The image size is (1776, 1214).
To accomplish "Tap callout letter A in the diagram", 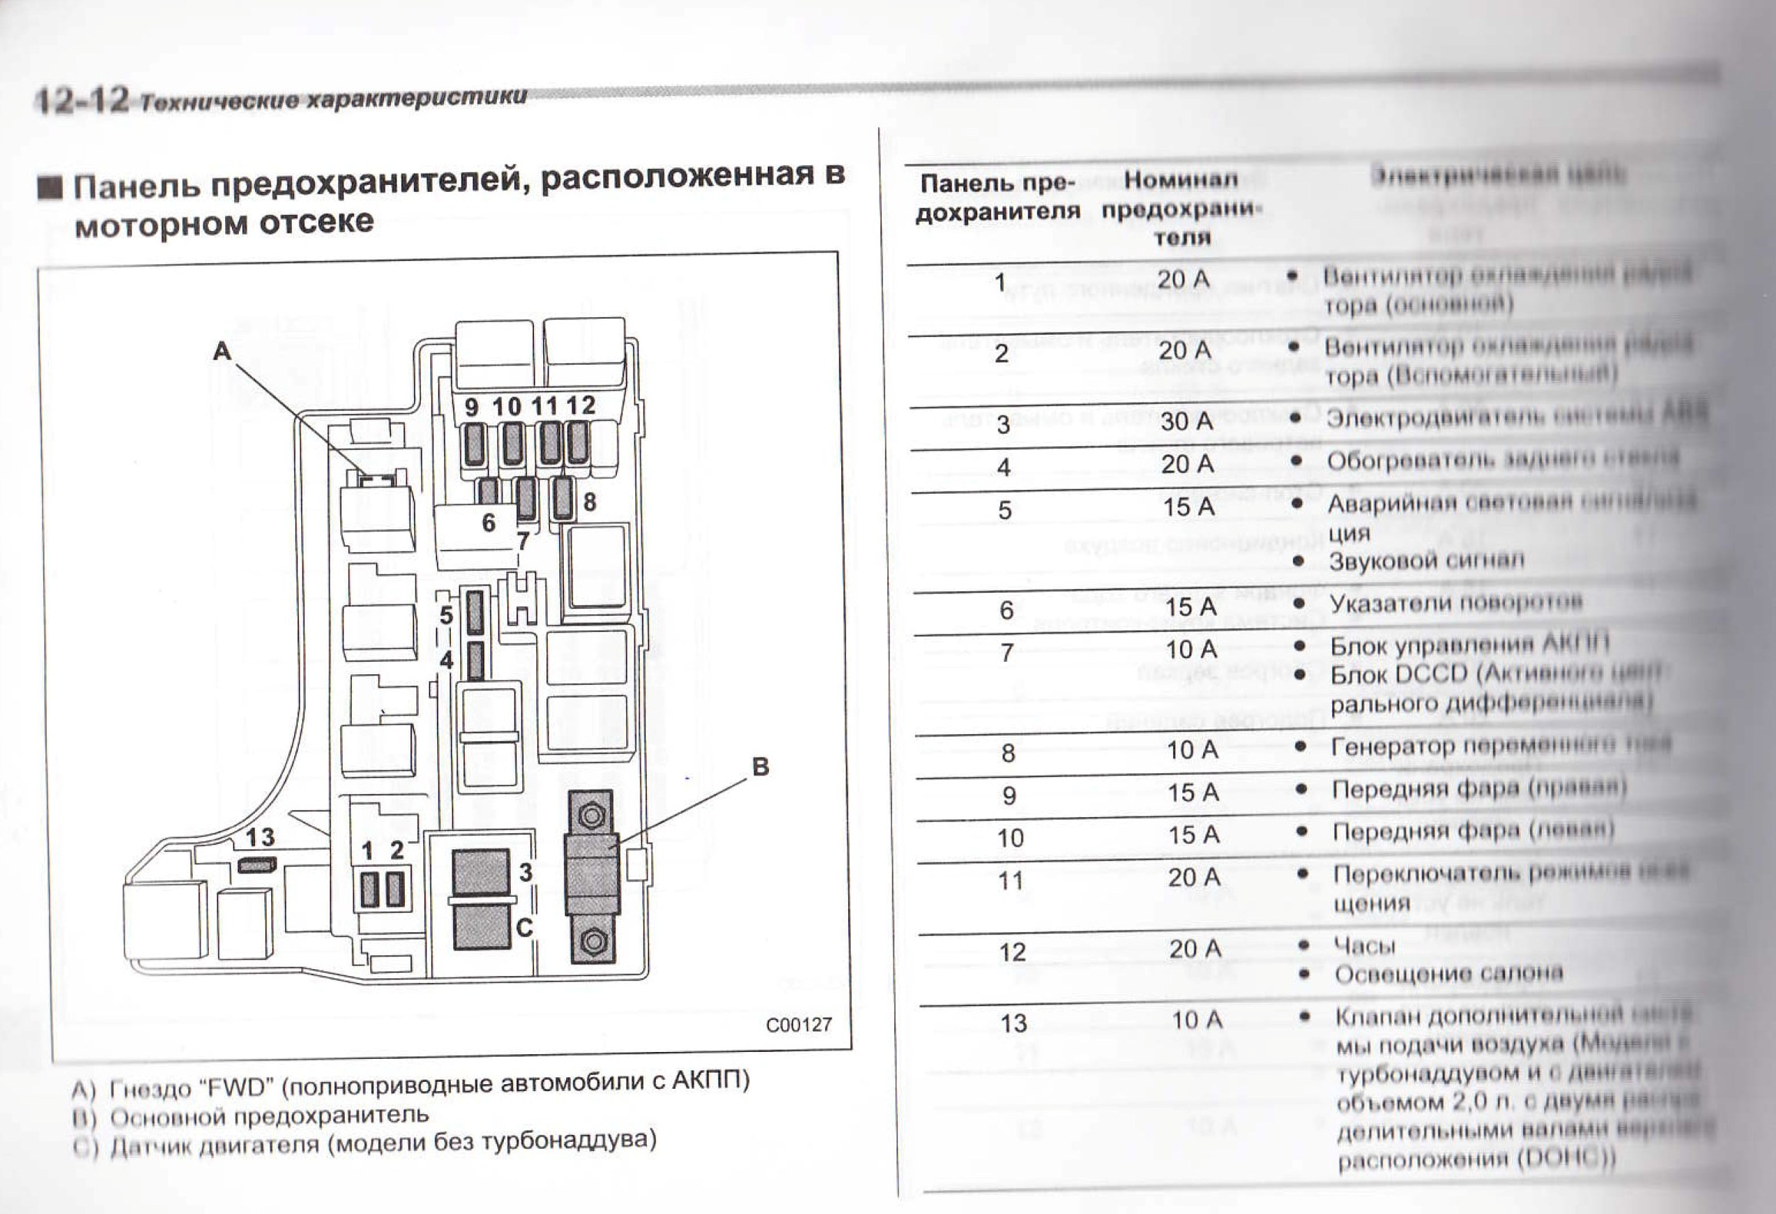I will pos(222,351).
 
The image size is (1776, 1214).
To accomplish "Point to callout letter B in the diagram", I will pos(760,766).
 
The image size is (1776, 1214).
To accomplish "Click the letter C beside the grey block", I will pos(524,928).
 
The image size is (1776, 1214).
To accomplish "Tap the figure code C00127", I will pos(798,1024).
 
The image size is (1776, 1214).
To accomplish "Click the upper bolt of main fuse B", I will pos(591,815).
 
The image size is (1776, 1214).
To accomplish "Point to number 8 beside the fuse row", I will pos(589,501).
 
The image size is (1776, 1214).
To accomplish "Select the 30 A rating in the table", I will pos(1187,421).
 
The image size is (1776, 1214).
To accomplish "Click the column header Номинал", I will pos(1181,180).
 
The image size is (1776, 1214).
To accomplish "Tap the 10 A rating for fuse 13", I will pos(1197,1020).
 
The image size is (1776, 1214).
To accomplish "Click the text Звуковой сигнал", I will pos(1426,561).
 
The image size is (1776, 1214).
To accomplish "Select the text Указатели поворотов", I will pos(1456,602).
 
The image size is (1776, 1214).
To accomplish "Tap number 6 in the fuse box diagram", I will pos(489,522).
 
